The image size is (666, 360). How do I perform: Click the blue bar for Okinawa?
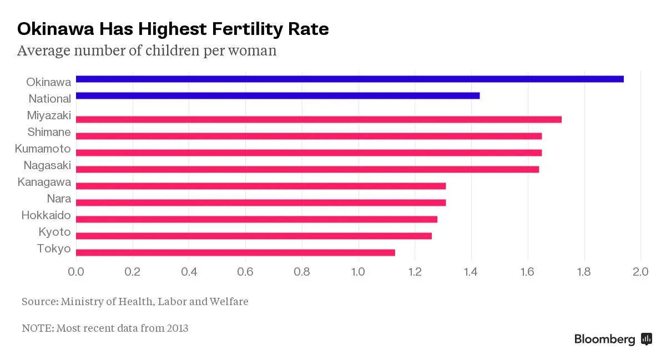click(350, 79)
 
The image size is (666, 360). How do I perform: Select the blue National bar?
click(277, 95)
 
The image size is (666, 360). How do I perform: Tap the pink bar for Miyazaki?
click(319, 119)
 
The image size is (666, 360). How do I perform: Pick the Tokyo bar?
click(235, 252)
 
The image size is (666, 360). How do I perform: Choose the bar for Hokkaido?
click(256, 219)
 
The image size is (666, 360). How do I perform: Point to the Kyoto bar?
click(254, 236)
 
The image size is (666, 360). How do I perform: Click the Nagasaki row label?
click(47, 165)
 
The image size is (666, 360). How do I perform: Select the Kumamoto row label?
click(43, 149)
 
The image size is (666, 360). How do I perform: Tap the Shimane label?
click(49, 132)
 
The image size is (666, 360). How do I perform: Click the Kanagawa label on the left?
click(44, 182)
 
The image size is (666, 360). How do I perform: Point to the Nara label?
click(59, 199)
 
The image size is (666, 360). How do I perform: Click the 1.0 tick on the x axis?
click(358, 272)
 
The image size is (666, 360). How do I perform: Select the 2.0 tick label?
click(640, 272)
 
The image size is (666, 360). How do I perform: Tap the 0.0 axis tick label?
click(75, 272)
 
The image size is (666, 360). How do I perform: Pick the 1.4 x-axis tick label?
click(471, 272)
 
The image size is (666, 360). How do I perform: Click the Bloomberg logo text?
click(604, 339)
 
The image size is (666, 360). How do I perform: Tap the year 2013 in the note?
click(177, 328)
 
